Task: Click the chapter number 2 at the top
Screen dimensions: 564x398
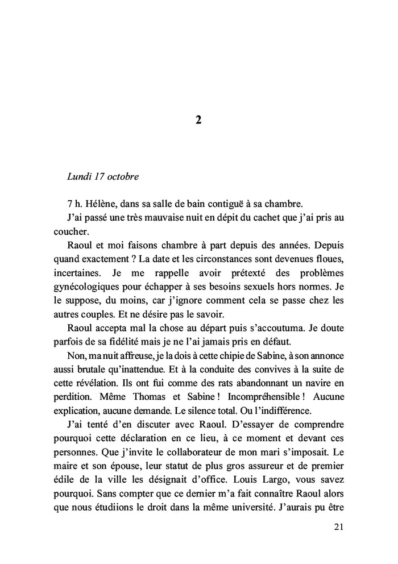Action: pos(198,121)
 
